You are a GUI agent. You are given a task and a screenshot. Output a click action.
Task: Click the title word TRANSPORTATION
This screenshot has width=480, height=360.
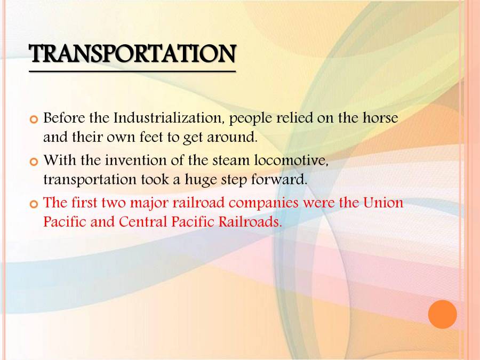coord(132,54)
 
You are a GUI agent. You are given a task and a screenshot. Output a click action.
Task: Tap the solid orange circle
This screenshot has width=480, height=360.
coord(443,314)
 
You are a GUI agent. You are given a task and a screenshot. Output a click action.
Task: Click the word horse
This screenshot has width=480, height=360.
coord(380,117)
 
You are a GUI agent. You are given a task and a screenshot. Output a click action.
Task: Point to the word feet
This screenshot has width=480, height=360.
coord(149,137)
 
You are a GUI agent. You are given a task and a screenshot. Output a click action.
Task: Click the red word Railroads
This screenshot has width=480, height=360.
coord(250,222)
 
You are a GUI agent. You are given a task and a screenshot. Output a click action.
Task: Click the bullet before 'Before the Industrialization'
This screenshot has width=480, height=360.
coord(35,118)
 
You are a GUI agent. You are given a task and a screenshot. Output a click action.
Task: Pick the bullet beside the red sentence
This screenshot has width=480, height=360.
coord(35,203)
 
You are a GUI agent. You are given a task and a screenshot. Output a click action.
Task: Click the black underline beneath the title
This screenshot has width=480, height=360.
coord(132,70)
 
